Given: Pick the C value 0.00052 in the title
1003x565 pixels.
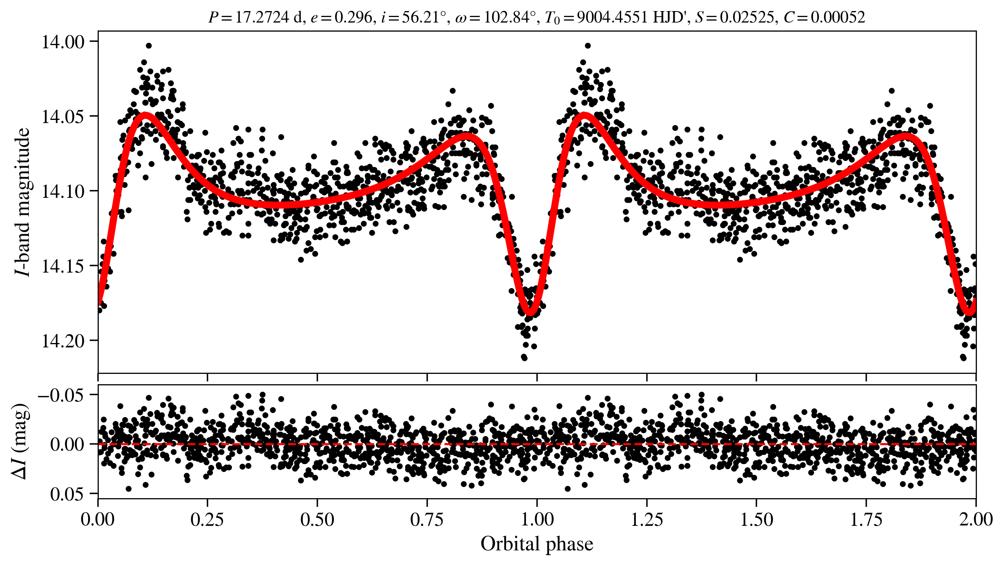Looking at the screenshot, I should [838, 17].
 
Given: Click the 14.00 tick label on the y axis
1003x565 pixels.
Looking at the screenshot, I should [63, 42].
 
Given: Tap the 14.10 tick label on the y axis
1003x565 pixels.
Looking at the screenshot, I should [63, 191].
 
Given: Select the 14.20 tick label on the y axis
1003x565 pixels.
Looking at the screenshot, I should [63, 341].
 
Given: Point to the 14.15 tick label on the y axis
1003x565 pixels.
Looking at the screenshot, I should [63, 266].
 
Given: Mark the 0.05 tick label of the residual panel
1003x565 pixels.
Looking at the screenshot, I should [67, 494].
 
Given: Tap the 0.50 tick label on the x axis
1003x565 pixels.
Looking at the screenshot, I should [317, 519].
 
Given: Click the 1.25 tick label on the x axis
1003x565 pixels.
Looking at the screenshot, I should [647, 519].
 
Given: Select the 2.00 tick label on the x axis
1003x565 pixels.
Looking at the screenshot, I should [975, 519].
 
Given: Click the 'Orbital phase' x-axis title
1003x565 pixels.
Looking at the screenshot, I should [537, 544].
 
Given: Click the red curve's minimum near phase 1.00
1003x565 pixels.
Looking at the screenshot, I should [530, 312].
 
